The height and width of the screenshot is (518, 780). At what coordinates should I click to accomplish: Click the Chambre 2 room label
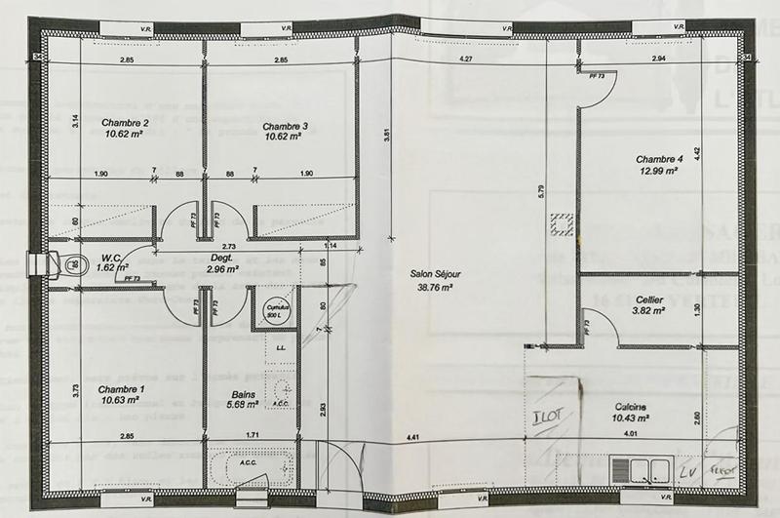click(125, 123)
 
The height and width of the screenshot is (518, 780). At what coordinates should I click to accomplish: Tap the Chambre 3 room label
click(285, 126)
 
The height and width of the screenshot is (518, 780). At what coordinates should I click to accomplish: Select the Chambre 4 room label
click(660, 158)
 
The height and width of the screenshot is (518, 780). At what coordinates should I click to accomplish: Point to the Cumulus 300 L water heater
click(274, 307)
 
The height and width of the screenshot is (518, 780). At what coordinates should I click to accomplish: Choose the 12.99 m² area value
click(659, 170)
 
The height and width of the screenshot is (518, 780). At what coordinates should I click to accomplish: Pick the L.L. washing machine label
click(281, 347)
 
